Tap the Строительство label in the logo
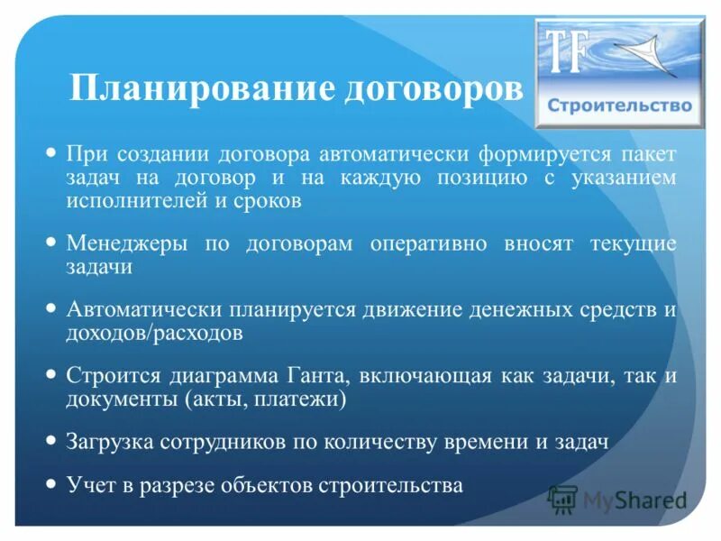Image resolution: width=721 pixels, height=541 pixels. point(619,105)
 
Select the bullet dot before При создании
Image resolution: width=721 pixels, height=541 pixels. point(51,151)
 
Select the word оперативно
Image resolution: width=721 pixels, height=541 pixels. point(427,244)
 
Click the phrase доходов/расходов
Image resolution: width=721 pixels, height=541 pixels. point(153,333)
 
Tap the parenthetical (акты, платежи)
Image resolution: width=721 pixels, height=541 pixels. point(264,399)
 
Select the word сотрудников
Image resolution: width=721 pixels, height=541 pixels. point(218,443)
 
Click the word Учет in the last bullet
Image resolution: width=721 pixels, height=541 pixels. point(87,485)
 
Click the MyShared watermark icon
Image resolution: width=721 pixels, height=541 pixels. point(562,498)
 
